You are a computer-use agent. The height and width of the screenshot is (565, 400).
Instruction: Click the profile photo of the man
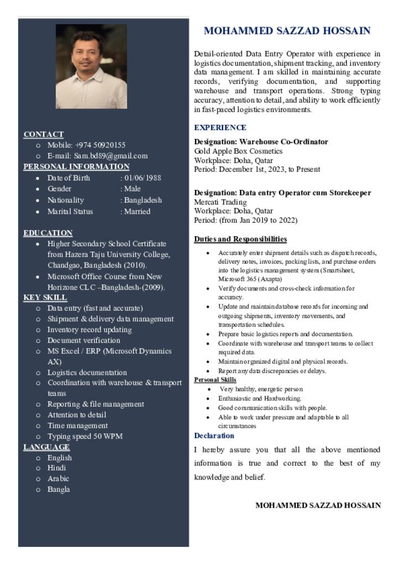click(x=91, y=66)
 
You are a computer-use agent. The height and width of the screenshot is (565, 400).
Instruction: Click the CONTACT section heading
click(x=44, y=134)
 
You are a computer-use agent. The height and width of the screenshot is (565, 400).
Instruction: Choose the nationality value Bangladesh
click(x=143, y=200)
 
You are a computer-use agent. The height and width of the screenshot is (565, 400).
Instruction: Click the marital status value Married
click(x=136, y=211)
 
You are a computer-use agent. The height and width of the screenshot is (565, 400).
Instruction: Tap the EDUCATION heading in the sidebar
click(x=48, y=233)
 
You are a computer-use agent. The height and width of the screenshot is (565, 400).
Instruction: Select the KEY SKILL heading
click(x=45, y=297)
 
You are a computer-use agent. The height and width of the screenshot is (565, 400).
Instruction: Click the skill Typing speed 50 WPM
click(x=85, y=436)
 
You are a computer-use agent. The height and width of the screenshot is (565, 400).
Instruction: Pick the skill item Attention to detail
click(x=77, y=415)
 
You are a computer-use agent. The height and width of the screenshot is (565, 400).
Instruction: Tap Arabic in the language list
click(x=58, y=479)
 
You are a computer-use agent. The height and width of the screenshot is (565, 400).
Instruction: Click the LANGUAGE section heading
click(x=46, y=447)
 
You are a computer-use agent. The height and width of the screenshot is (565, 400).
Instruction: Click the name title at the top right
click(x=287, y=31)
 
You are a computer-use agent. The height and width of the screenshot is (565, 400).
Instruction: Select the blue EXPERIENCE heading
click(x=220, y=127)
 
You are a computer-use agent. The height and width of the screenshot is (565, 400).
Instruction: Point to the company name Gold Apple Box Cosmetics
click(x=238, y=151)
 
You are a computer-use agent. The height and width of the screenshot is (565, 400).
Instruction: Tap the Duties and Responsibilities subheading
click(x=240, y=239)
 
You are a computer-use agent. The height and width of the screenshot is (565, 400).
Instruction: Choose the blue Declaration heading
click(x=214, y=436)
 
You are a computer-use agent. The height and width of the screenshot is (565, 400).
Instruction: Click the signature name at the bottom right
click(x=318, y=505)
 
